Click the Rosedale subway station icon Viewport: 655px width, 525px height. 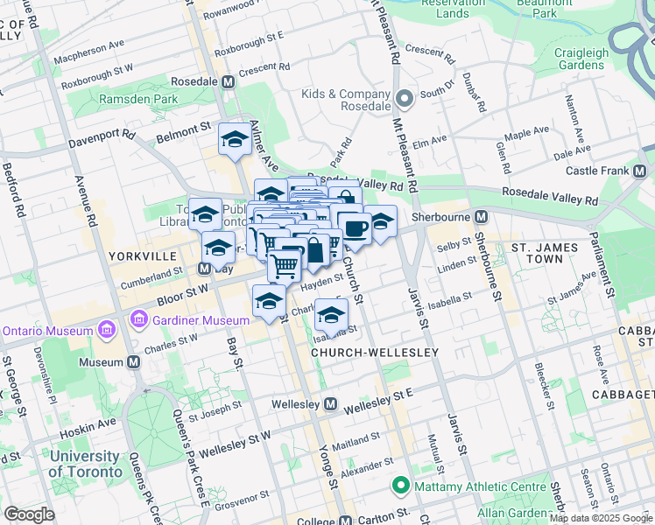229,81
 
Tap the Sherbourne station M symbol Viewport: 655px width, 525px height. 481,216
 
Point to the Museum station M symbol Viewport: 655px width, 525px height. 134,361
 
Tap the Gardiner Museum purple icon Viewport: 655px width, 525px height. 138,321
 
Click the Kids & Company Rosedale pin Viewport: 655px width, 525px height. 405,99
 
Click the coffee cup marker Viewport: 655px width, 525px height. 355,229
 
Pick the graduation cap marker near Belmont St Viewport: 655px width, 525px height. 235,140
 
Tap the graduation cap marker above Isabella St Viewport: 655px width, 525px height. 331,315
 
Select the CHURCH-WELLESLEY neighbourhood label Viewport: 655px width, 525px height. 363,353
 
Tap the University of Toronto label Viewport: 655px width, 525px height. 86,464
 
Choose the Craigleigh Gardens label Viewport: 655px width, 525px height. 581,59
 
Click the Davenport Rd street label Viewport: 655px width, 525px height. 104,136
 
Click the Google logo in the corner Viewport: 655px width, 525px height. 29,514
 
